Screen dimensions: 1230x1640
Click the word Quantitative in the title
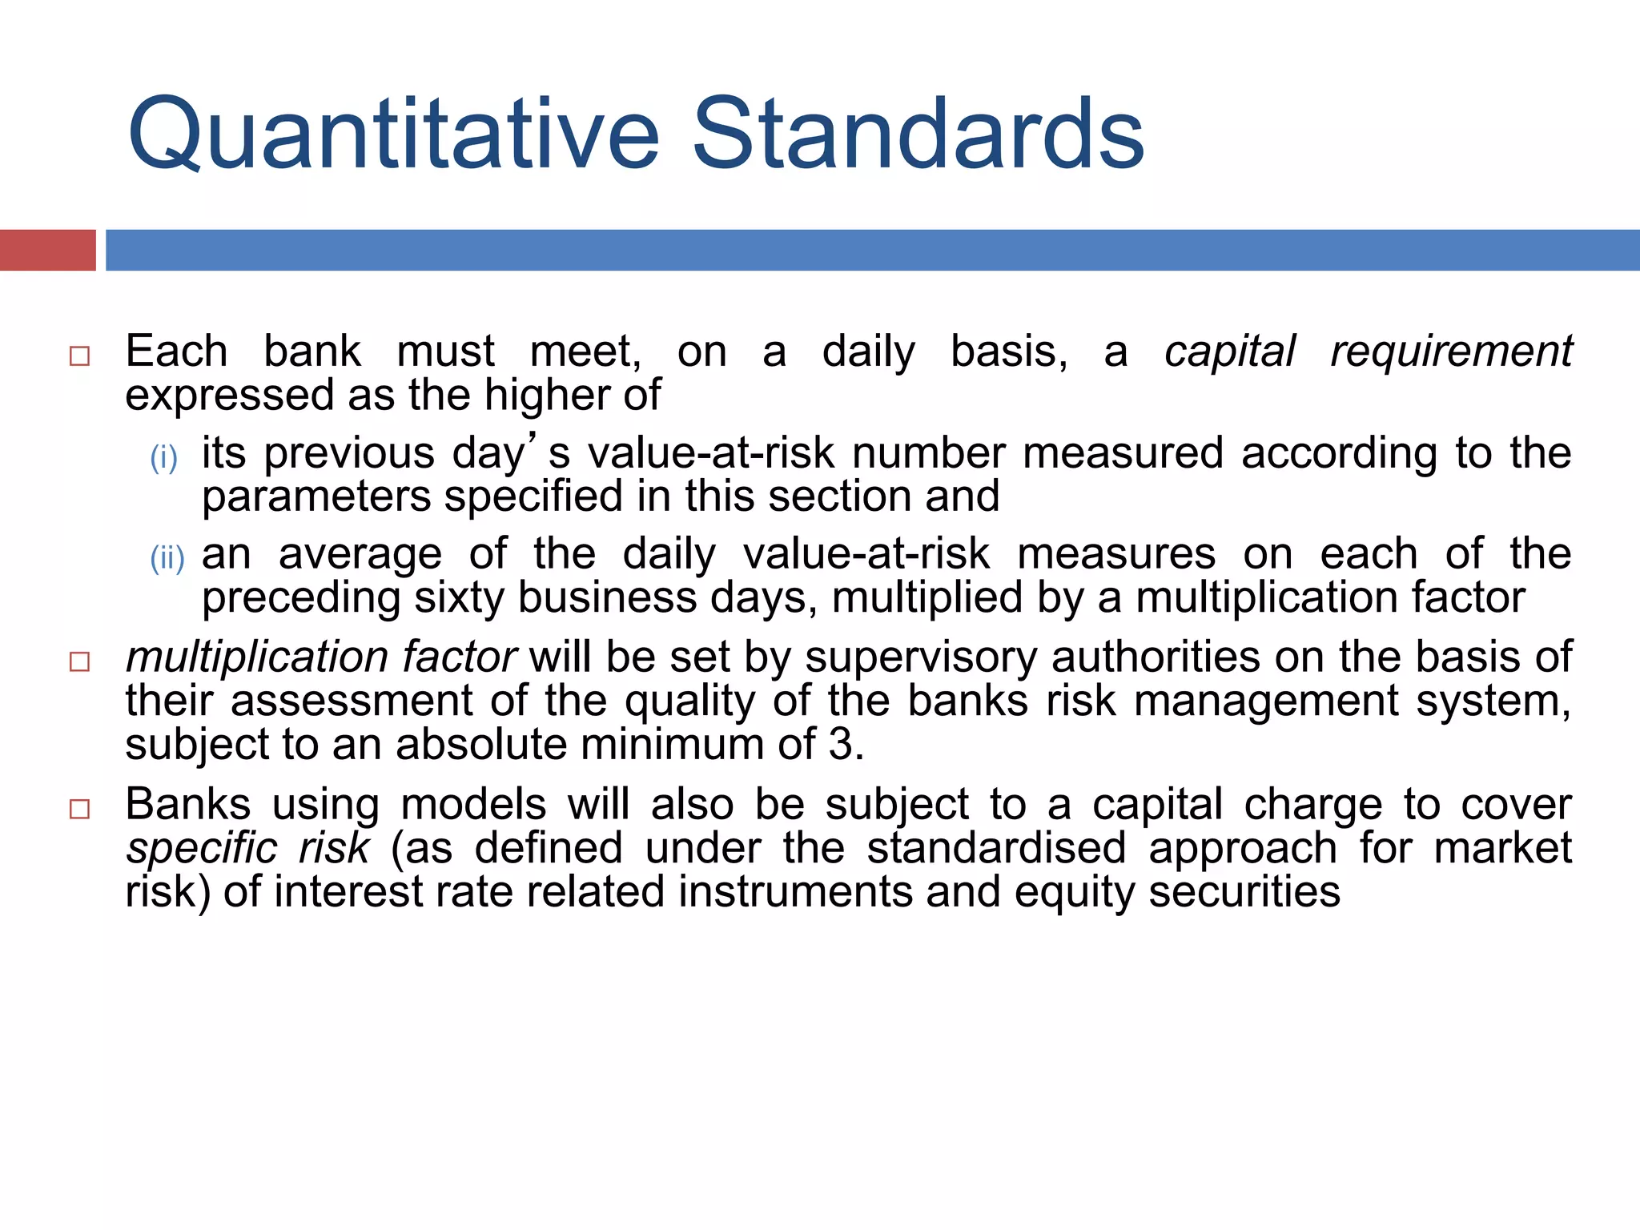(392, 135)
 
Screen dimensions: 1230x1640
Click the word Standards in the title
(918, 135)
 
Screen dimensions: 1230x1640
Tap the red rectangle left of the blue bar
(47, 250)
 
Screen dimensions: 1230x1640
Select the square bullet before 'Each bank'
(79, 356)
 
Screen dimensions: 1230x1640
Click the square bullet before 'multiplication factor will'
(79, 661)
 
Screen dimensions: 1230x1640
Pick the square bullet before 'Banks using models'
(79, 809)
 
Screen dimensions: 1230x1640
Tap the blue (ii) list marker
(167, 559)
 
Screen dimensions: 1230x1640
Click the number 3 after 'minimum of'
(841, 745)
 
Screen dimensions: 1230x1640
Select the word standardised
(996, 849)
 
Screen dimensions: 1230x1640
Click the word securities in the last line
(1244, 892)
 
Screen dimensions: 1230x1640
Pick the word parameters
(316, 497)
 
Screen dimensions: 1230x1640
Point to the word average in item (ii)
(360, 554)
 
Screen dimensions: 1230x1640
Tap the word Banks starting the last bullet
(187, 805)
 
